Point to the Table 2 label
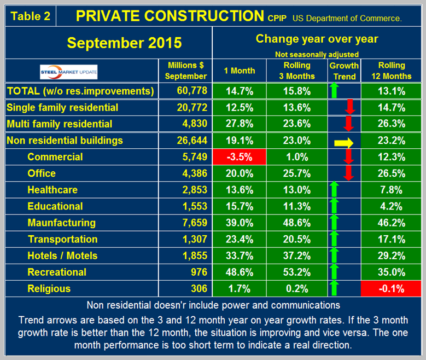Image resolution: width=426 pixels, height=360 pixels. pos(31,16)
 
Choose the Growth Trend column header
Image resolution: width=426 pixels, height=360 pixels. pos(344,71)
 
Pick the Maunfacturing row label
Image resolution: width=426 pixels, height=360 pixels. pos(61,223)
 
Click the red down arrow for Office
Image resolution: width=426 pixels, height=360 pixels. pos(349,173)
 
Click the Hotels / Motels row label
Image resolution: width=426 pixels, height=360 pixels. pos(62,256)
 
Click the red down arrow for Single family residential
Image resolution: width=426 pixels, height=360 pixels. pos(351,107)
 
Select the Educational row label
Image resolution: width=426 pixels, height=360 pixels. pos(55,206)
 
